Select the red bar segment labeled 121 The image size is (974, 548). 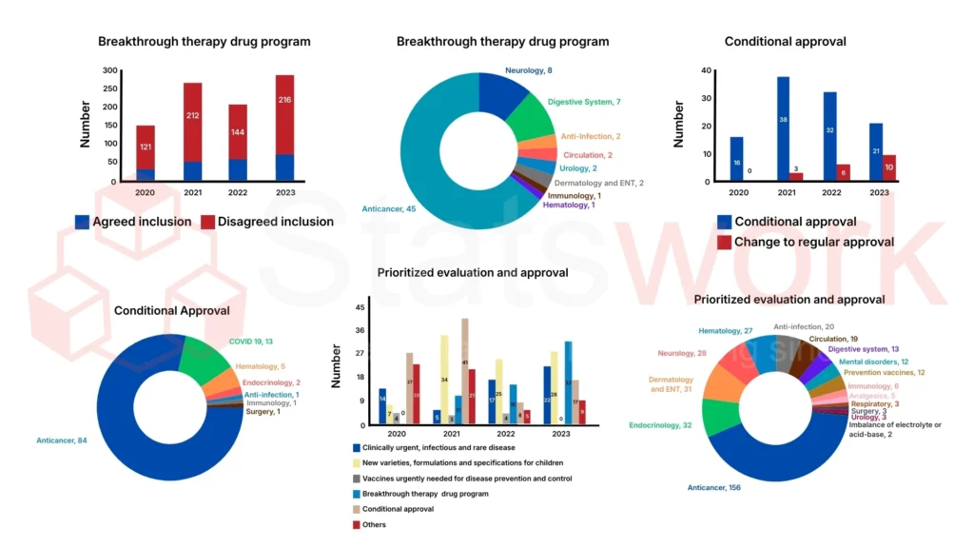click(x=146, y=147)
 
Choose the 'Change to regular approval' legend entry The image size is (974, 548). click(x=805, y=242)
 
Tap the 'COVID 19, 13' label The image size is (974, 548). click(x=250, y=342)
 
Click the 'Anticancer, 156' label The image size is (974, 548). click(x=713, y=487)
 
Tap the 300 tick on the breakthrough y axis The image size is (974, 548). click(x=110, y=71)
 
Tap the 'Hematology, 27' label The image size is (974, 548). click(x=726, y=331)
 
